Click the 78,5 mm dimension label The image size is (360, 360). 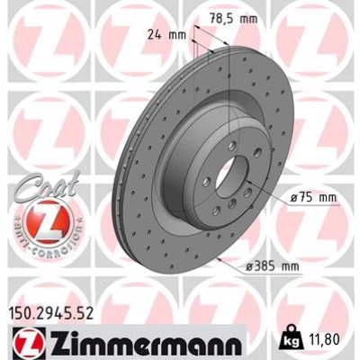(x=233, y=19)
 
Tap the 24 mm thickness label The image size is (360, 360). (x=167, y=35)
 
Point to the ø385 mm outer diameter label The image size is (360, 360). (x=273, y=266)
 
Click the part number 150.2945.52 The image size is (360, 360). (x=50, y=314)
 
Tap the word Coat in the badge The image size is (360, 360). (x=48, y=186)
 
